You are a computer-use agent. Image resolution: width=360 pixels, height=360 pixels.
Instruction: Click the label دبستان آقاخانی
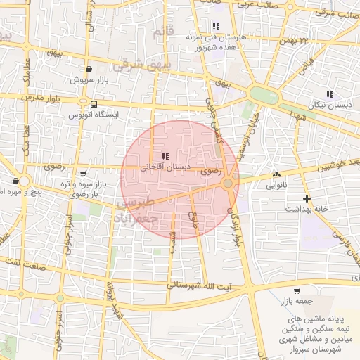tap(163, 167)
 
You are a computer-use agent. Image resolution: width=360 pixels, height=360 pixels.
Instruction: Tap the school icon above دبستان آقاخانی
tap(165, 156)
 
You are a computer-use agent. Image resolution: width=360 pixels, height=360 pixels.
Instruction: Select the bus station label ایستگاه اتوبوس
tap(97, 114)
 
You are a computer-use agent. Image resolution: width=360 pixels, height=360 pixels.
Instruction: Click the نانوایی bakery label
tap(276, 186)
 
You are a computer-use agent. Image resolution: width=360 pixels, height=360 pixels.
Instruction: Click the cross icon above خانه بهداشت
tap(307, 198)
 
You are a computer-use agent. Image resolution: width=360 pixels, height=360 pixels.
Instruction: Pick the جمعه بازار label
tap(295, 301)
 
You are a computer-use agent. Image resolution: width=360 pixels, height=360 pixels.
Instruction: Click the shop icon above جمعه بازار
tap(296, 290)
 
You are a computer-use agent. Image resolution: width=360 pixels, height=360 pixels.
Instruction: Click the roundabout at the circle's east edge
tap(229, 183)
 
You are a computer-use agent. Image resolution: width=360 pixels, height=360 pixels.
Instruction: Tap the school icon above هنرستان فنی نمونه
tap(205, 26)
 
